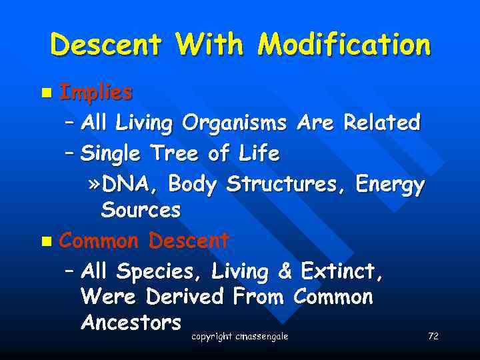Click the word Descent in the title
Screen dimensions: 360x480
[105, 45]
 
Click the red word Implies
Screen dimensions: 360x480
[95, 93]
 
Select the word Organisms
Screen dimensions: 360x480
[235, 123]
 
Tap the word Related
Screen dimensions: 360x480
[381, 123]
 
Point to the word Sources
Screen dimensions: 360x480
[141, 211]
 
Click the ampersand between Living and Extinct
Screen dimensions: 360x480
[285, 271]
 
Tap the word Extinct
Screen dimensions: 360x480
[341, 271]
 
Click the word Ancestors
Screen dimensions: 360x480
[131, 323]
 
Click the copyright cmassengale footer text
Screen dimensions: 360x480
[239, 337]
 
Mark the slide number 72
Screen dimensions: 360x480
[433, 337]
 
